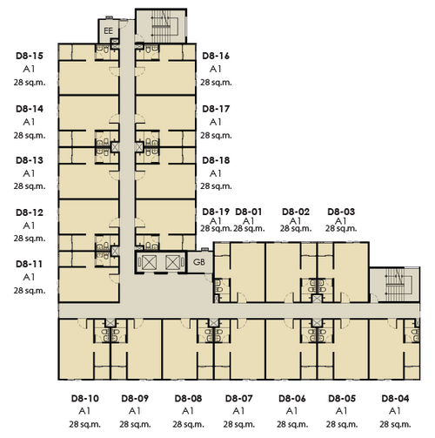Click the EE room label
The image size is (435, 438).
pos(108,30)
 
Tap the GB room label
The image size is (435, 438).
pos(199,262)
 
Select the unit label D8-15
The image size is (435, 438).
pos(30,56)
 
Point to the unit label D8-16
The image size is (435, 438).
pos(216,56)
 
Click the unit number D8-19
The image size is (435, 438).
pos(216,212)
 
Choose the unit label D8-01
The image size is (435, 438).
pos(249,212)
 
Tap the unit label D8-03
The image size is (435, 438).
pos(341,212)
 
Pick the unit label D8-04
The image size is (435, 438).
pos(395,399)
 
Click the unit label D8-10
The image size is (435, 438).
pos(85,399)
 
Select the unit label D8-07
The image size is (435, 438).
pos(239,399)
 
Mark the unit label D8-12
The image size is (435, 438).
pos(30,212)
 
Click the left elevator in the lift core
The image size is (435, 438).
pos(149,262)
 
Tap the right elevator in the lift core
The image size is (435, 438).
pos(173,262)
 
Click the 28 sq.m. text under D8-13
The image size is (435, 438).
pos(30,186)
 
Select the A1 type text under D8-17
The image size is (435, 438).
pos(216,122)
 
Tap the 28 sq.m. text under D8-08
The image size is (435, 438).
pos(189,424)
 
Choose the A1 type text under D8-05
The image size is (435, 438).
pos(341,411)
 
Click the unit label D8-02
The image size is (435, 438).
pos(296,212)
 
